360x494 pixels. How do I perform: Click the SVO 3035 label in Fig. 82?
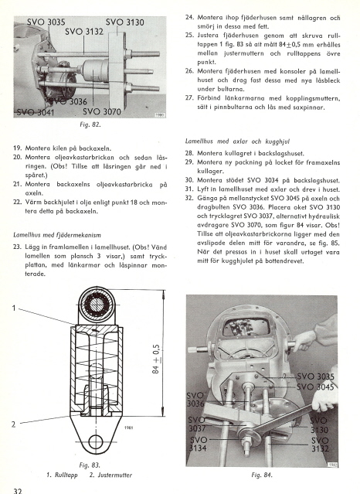point(46,22)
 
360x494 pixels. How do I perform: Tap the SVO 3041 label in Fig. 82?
point(36,112)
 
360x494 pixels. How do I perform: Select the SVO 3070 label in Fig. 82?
point(102,112)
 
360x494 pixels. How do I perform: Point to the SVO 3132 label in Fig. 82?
point(84,32)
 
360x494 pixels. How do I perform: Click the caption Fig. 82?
point(90,124)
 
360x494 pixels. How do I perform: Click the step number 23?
point(17,247)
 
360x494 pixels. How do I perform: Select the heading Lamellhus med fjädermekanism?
point(57,235)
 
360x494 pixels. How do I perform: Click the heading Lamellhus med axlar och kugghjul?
point(237,141)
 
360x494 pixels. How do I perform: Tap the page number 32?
point(18,490)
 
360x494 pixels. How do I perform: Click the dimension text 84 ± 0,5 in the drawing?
point(157,359)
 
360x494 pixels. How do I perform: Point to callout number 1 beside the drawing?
point(14,308)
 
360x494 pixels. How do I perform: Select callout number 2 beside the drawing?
point(13,424)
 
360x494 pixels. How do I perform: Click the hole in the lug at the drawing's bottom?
point(96,441)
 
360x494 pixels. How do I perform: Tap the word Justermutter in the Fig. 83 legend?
point(115,475)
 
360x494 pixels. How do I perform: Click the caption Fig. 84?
point(262,475)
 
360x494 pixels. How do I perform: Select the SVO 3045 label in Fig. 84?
point(315,387)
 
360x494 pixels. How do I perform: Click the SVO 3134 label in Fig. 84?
point(199,444)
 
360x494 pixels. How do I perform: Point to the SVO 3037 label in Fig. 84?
point(197,424)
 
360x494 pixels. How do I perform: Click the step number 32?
point(189,199)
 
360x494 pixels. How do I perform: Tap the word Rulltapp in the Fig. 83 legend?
point(66,475)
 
